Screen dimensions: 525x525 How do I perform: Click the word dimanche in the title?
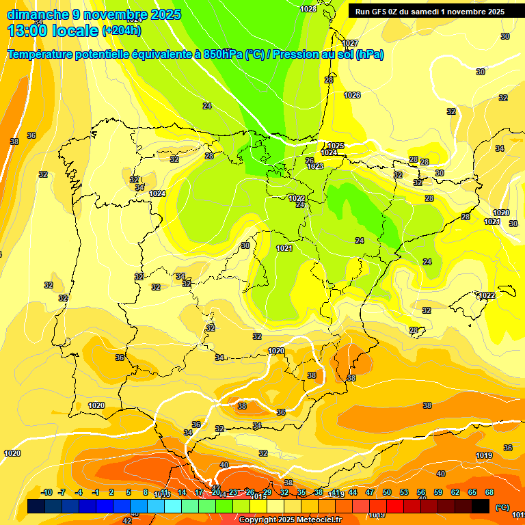(x=38, y=14)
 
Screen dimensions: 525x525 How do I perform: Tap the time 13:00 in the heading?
(x=29, y=30)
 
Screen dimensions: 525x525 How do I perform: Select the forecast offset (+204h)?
(x=122, y=31)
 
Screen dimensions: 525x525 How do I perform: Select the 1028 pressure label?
(x=308, y=9)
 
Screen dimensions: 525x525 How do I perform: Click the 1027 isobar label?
(x=350, y=44)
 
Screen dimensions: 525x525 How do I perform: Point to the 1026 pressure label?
(x=352, y=95)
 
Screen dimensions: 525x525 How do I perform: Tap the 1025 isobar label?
(x=335, y=146)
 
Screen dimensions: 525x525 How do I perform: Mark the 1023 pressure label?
(x=315, y=166)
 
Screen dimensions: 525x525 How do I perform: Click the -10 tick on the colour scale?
(x=46, y=492)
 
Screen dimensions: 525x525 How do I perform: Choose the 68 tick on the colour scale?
(x=489, y=492)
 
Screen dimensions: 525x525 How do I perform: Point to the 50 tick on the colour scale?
(x=387, y=492)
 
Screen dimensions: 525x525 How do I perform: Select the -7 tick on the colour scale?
(x=62, y=492)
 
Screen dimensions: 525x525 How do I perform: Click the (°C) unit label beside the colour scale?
(x=502, y=507)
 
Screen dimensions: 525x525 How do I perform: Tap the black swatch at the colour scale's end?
(x=481, y=506)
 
